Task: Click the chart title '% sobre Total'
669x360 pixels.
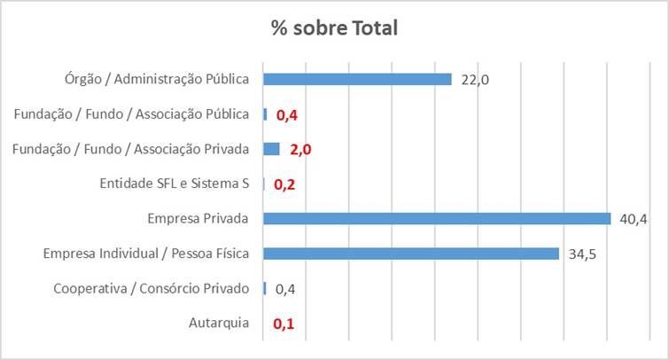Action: (334, 27)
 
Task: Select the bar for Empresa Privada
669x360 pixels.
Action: (437, 218)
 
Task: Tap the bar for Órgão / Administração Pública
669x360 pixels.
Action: (358, 79)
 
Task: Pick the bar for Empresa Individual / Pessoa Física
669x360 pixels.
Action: (411, 254)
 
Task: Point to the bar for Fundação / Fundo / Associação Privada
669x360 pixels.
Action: (271, 149)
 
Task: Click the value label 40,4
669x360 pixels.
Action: (632, 219)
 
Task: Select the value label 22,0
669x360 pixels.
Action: (475, 80)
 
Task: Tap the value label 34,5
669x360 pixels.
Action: (581, 254)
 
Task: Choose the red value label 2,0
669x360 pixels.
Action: (300, 150)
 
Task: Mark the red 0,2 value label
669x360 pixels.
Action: (284, 184)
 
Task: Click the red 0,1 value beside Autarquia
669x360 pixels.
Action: (284, 324)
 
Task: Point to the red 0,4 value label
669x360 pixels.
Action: (287, 114)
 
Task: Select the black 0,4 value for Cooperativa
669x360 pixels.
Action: (285, 289)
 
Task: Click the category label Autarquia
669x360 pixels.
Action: (219, 323)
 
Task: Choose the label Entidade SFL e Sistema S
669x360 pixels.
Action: (175, 184)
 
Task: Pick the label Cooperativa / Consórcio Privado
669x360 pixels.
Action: (151, 288)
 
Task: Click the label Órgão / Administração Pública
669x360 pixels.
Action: (149, 79)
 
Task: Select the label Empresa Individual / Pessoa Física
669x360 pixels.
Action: (146, 254)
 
